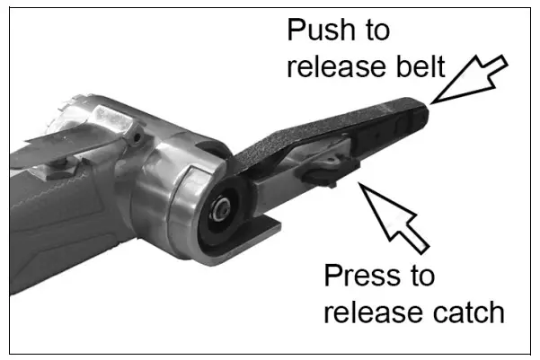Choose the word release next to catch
coord(371,312)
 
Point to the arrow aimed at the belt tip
coord(471,79)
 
